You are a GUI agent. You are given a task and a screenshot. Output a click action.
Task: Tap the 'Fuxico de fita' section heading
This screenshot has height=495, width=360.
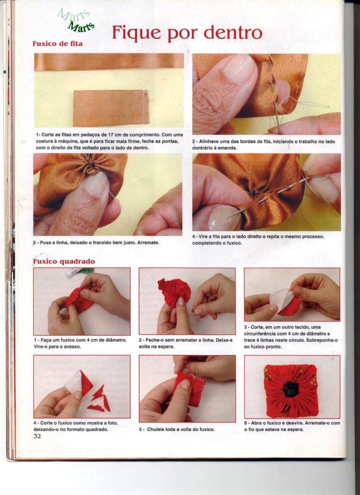pyautogui.click(x=58, y=44)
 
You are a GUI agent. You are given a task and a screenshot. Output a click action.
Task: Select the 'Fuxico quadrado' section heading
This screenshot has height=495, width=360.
pyautogui.click(x=64, y=262)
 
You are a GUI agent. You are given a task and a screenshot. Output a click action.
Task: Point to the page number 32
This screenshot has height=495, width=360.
pyautogui.click(x=37, y=437)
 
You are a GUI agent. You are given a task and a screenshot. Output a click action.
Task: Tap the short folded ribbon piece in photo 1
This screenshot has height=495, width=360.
pyautogui.click(x=111, y=108)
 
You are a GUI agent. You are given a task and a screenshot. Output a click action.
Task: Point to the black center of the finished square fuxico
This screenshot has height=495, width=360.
pyautogui.click(x=290, y=390)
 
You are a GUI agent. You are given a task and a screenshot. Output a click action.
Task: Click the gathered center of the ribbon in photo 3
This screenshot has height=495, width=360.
pyautogui.click(x=91, y=166)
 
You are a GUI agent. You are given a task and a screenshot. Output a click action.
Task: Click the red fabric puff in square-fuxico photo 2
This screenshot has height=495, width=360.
pyautogui.click(x=174, y=291)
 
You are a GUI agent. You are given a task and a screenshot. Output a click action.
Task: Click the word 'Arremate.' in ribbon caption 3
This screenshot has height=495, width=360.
pyautogui.click(x=148, y=243)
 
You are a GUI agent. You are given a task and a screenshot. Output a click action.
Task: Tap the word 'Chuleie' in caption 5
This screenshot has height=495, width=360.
pyautogui.click(x=157, y=429)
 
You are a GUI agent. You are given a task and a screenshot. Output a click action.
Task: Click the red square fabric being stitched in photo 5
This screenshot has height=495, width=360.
pyautogui.click(x=190, y=389)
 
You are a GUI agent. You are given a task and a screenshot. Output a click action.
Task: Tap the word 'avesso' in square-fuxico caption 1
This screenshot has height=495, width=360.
pyautogui.click(x=72, y=346)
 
